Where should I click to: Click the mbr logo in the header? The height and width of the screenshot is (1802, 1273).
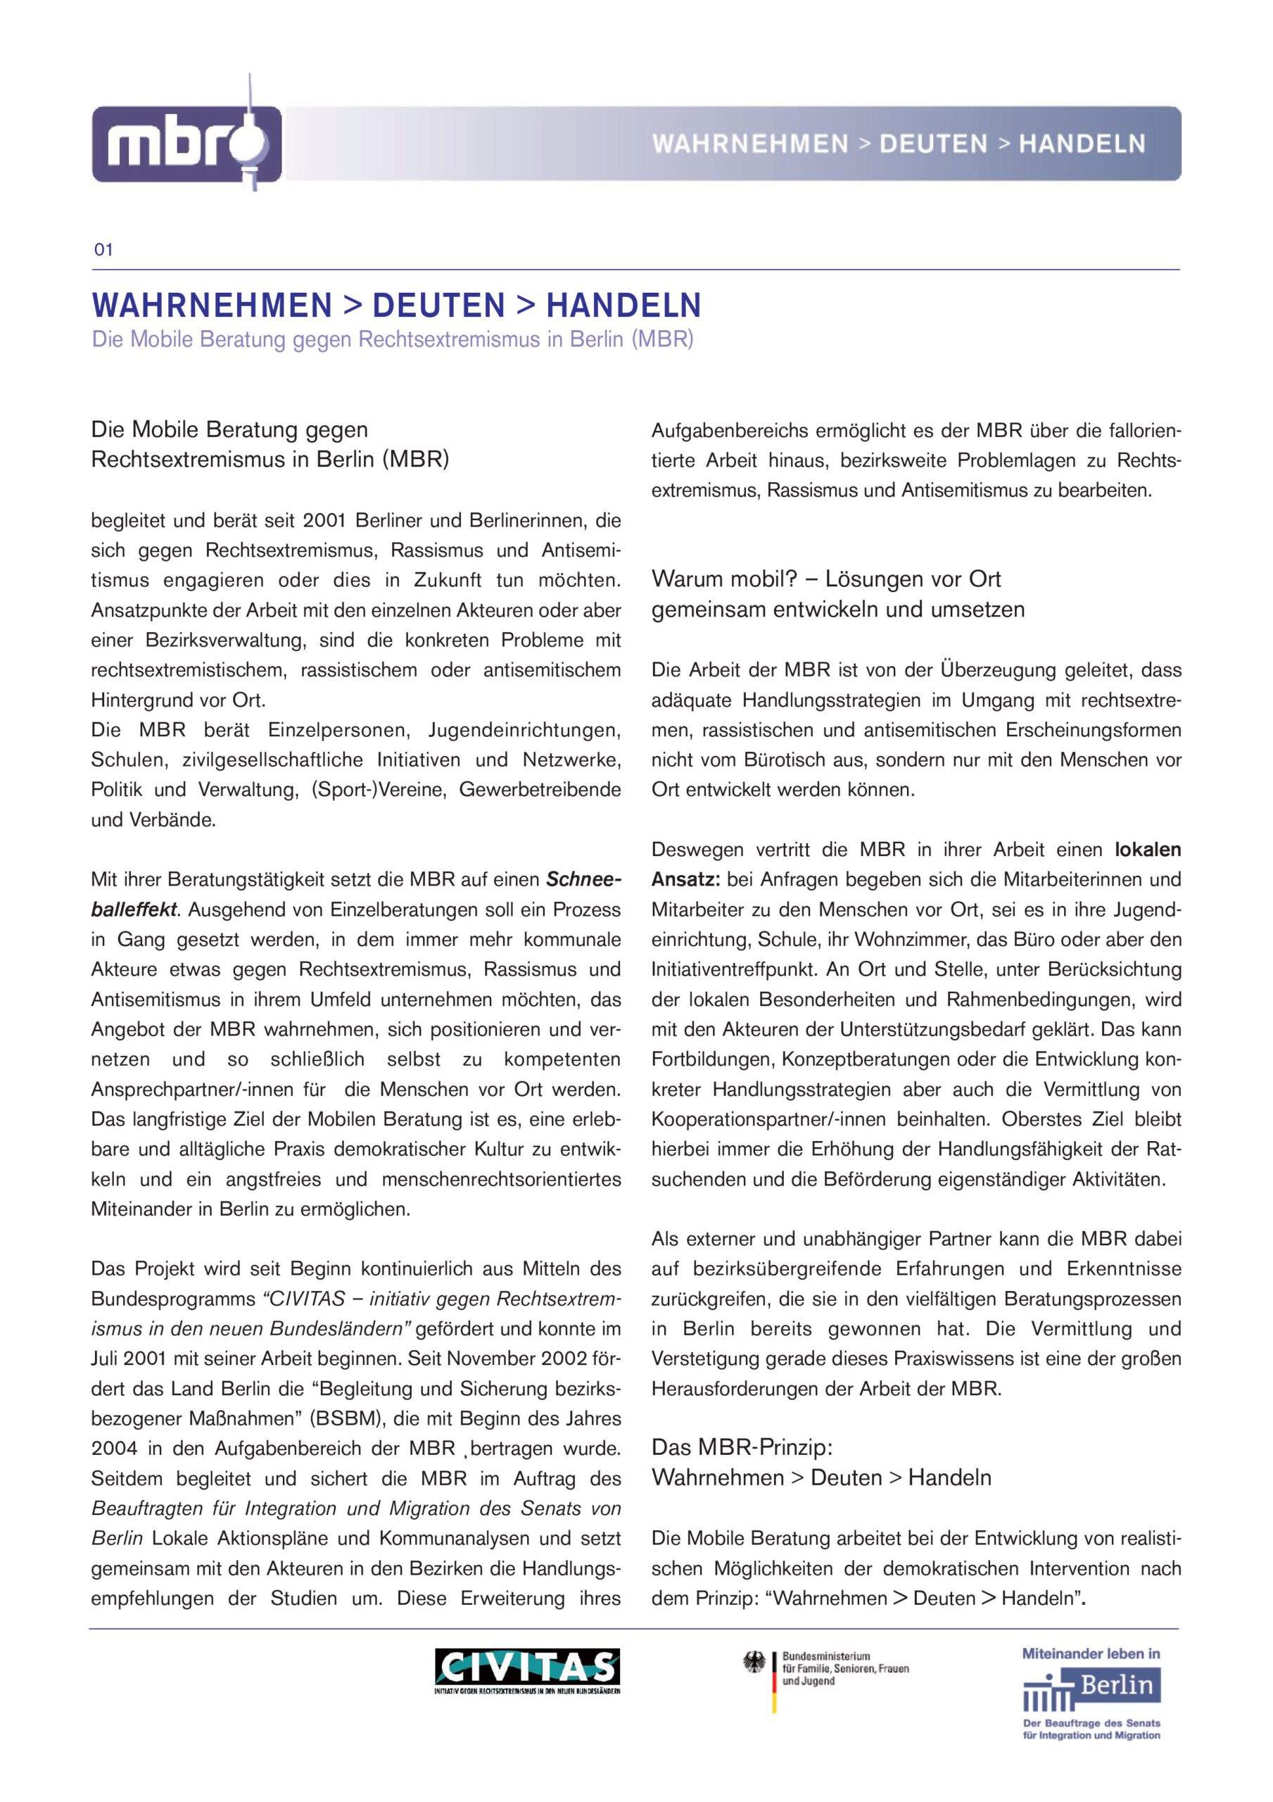tap(186, 144)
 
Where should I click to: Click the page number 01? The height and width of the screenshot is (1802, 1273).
tap(103, 251)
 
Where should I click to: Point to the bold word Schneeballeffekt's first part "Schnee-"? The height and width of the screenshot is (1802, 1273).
tap(584, 880)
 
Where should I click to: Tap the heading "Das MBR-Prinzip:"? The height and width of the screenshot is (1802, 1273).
tap(742, 1447)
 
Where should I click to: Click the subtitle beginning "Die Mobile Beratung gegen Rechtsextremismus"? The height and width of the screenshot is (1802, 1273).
tap(393, 340)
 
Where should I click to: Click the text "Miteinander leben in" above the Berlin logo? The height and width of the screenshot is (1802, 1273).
tap(1090, 1653)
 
